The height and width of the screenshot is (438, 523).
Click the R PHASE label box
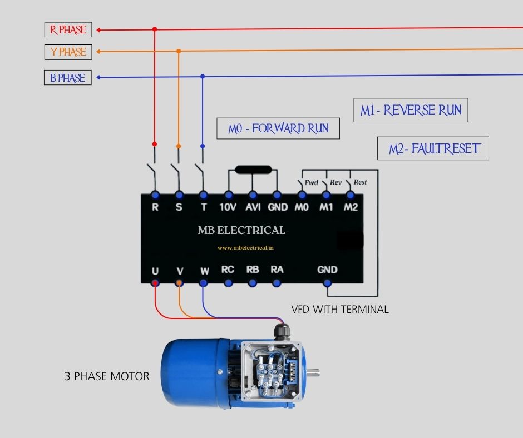point(68,29)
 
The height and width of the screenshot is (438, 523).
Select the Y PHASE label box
point(68,52)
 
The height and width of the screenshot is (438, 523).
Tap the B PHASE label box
point(68,78)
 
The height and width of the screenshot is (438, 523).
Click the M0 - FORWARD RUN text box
point(278,128)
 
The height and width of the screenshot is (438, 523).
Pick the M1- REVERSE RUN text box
point(411,110)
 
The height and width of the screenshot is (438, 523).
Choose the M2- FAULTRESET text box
point(433,149)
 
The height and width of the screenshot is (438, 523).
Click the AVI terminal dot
point(253,195)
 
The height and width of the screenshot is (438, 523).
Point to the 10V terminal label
point(228,207)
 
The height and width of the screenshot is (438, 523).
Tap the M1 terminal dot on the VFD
point(326,195)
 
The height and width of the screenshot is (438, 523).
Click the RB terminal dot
point(253,282)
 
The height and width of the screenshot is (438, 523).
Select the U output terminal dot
point(155,282)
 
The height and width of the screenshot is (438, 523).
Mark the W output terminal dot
point(204,282)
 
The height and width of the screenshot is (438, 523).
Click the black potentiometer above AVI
point(253,170)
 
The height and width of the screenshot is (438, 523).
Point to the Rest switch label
point(360,182)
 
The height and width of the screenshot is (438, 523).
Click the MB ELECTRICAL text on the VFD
point(241,230)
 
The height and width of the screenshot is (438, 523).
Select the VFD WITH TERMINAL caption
point(340,309)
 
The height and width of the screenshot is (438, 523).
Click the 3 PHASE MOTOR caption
point(107,376)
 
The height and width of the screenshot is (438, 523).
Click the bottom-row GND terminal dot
point(327,282)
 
